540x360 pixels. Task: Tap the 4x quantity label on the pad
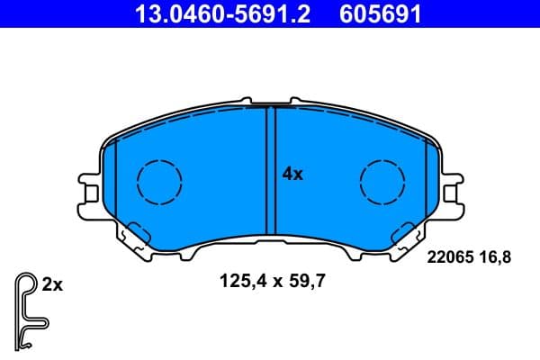pyautogui.click(x=292, y=175)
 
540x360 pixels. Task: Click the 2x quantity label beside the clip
pyautogui.click(x=52, y=285)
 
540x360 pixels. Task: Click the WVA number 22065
pyautogui.click(x=446, y=257)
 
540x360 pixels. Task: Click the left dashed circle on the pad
pyautogui.click(x=159, y=180)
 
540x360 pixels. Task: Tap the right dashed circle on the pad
pyautogui.click(x=382, y=180)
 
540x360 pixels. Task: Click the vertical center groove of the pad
pyautogui.click(x=270, y=171)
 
